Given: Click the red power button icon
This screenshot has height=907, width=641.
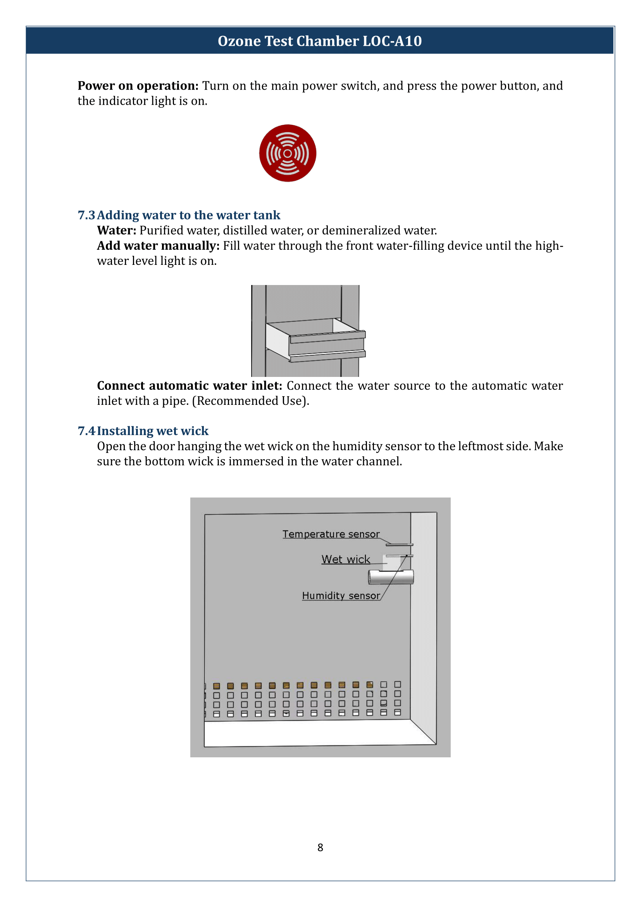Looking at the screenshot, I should click(287, 153).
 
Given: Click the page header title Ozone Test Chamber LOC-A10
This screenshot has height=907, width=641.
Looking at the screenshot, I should click(320, 41).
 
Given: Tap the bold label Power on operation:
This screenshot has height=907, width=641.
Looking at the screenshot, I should click(138, 86).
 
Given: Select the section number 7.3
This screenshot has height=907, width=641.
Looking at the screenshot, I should click(86, 215).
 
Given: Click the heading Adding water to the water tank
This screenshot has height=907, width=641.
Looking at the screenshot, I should click(189, 215).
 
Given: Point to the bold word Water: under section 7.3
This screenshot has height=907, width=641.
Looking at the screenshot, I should click(116, 230).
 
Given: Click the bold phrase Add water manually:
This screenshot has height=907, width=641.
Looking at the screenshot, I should click(158, 246).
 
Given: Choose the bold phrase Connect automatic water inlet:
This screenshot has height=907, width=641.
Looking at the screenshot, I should click(190, 385).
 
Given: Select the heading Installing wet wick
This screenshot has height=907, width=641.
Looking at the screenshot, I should click(153, 430).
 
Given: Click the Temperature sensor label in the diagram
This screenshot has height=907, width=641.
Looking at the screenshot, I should click(331, 534).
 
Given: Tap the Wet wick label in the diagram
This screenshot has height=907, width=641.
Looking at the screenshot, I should click(346, 560).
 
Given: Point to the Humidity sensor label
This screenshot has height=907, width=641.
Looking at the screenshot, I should click(341, 596).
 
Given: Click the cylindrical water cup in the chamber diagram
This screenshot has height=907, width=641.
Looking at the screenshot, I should click(391, 577).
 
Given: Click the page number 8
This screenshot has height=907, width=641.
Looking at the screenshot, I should click(320, 847).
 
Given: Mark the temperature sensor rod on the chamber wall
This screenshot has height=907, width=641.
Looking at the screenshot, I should click(400, 545).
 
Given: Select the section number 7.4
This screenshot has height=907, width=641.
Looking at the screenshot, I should click(86, 430).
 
